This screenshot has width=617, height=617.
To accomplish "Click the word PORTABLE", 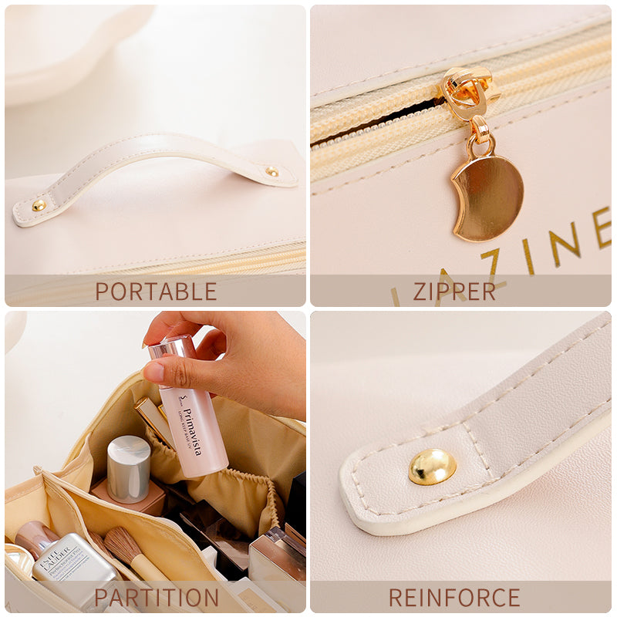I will click(x=156, y=292).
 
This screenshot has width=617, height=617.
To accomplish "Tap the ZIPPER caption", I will click(x=454, y=292).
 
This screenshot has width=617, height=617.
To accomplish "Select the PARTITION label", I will click(x=157, y=598).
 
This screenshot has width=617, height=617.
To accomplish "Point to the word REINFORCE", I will click(x=454, y=598).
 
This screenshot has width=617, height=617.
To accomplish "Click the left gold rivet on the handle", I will click(x=39, y=205).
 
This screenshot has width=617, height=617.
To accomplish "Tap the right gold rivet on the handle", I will click(x=271, y=172).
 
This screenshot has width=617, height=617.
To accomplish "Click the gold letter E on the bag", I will click(x=602, y=227).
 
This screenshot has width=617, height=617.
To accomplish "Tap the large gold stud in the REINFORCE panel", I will click(x=432, y=467).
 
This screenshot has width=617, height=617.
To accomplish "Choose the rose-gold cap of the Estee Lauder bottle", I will click(x=35, y=536).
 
